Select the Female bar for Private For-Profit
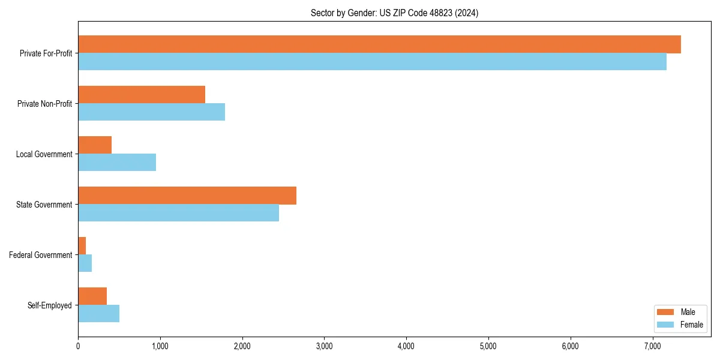(x=372, y=62)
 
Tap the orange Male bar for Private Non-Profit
(x=142, y=95)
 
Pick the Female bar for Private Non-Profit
(x=151, y=112)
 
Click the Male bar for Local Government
(x=95, y=145)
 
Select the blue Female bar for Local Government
(x=117, y=163)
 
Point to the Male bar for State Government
(x=187, y=196)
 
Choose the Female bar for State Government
(x=178, y=213)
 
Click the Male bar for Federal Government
(x=82, y=246)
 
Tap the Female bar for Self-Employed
(x=99, y=314)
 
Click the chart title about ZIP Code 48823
(x=394, y=13)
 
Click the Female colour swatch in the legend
(x=665, y=325)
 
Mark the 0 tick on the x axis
(x=78, y=346)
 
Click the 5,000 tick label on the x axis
(x=488, y=346)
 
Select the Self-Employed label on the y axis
(x=50, y=305)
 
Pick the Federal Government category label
(x=41, y=255)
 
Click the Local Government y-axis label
(x=44, y=154)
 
